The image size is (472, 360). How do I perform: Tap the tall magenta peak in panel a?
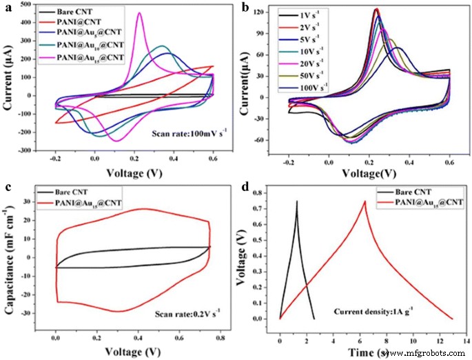140,13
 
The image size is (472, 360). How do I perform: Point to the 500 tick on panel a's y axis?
31,4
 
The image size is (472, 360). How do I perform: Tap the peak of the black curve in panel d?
297,201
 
